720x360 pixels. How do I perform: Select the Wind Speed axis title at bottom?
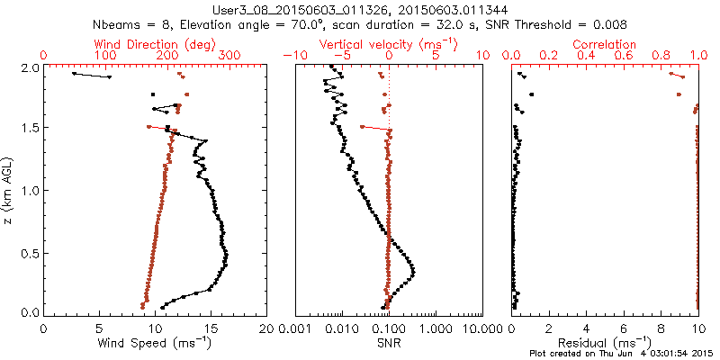click(155, 344)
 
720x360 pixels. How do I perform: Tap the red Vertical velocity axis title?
click(388, 43)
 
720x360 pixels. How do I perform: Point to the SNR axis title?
click(388, 343)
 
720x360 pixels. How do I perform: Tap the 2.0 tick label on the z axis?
click(30, 67)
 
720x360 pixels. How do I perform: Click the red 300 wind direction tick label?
click(229, 56)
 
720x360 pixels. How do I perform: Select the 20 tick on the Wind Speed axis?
click(266, 328)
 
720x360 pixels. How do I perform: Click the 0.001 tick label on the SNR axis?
click(295, 328)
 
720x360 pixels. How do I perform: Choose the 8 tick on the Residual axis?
click(661, 328)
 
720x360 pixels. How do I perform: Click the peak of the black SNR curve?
click(413, 271)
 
